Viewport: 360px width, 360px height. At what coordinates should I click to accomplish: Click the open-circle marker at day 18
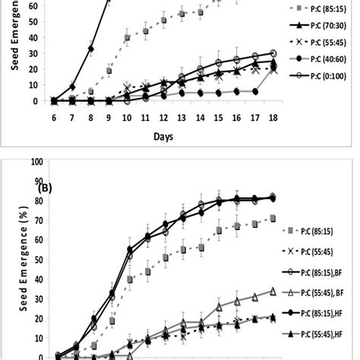click(273, 53)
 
